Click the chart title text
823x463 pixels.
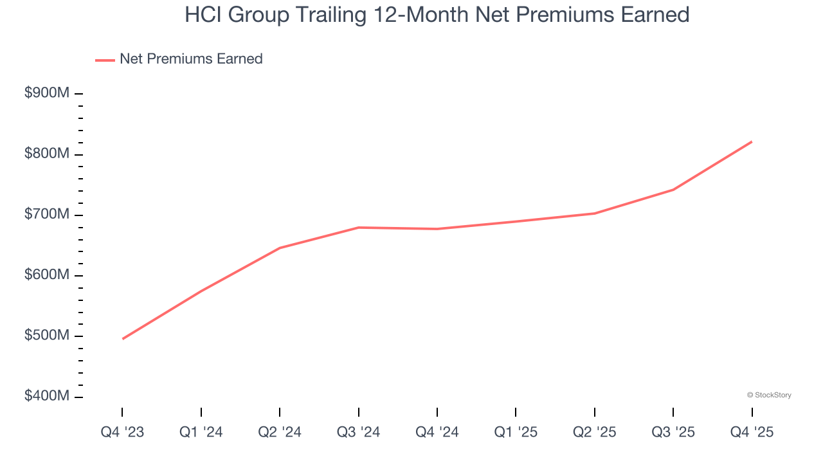click(x=437, y=15)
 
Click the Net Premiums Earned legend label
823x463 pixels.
click(x=191, y=59)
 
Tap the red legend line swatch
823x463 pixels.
click(x=105, y=60)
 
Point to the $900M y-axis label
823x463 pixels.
click(x=47, y=93)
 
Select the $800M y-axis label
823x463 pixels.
click(x=47, y=154)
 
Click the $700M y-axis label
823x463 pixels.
click(x=47, y=214)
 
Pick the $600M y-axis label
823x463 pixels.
click(x=47, y=275)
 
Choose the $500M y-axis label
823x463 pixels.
click(x=47, y=336)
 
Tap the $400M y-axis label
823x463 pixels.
click(x=47, y=396)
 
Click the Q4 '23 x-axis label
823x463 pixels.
click(x=122, y=432)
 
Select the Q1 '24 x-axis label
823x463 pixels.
click(x=201, y=432)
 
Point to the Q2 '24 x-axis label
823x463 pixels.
click(x=280, y=432)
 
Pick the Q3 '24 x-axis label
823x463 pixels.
click(x=359, y=432)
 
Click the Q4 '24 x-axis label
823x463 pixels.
click(x=437, y=432)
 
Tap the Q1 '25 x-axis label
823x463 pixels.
click(x=516, y=432)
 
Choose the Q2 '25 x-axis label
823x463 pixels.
click(x=595, y=432)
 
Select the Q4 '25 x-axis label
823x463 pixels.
click(x=752, y=432)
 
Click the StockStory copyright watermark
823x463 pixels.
click(x=769, y=395)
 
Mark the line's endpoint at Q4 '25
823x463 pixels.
click(x=752, y=141)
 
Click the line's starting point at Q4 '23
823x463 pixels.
click(x=122, y=339)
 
